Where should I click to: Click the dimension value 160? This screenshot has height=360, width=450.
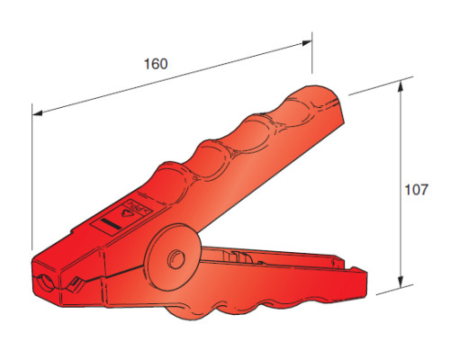pos(156,64)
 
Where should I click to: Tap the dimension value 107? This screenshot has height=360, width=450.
pos(417,190)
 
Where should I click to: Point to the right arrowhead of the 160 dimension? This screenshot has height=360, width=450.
pos(307,43)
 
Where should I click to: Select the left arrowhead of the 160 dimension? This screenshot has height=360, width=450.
pos(37,113)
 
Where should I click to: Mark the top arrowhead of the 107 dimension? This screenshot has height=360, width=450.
pos(400,85)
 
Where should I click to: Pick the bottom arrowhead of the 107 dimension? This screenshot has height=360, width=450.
pos(400,282)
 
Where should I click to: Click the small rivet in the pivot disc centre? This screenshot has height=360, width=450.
pos(175,258)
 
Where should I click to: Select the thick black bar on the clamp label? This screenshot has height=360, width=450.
pos(111,225)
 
